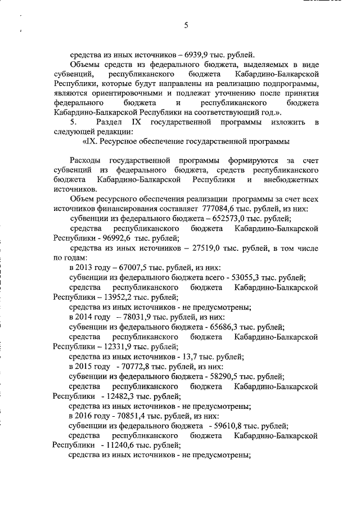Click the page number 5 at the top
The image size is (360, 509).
click(185, 25)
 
